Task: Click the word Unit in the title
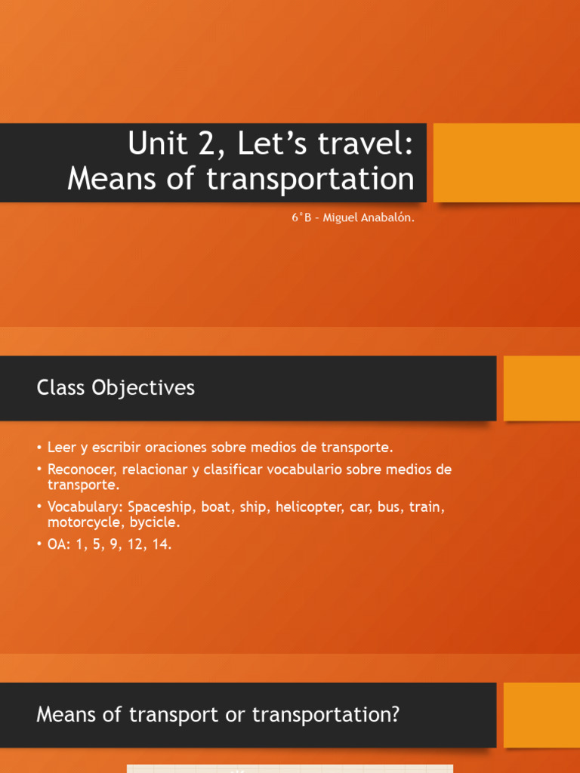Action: click(156, 143)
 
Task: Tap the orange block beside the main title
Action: click(506, 162)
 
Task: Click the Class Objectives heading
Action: click(116, 388)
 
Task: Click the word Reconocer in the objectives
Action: click(79, 470)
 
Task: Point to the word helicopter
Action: click(308, 507)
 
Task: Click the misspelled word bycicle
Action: click(156, 522)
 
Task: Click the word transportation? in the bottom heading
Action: click(325, 714)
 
